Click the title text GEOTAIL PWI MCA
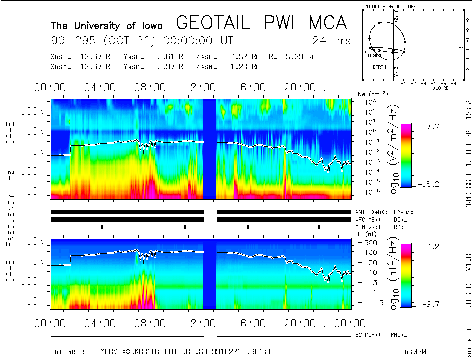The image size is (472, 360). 261,23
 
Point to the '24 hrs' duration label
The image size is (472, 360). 331,40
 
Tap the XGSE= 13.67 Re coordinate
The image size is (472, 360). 82,57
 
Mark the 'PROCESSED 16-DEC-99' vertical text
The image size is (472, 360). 468,165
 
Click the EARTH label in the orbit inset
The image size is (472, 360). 379,67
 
